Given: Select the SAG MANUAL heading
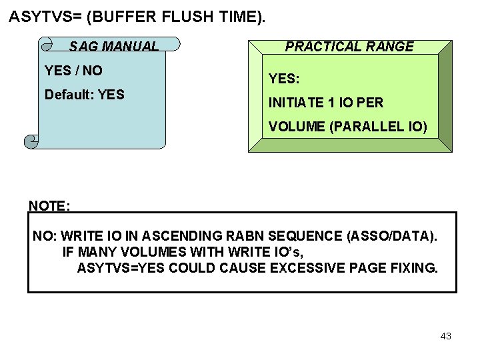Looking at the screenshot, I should [114, 47].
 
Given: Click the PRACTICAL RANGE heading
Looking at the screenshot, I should [349, 47].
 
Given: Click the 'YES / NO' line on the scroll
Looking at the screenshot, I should [73, 70].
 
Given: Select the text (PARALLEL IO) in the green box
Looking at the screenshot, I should [378, 126].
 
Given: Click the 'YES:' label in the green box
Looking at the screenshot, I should [284, 79].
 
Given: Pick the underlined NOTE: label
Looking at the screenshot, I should [49, 206].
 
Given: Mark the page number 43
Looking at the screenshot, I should [446, 337].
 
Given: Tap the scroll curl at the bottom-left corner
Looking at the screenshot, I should [31, 141].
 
